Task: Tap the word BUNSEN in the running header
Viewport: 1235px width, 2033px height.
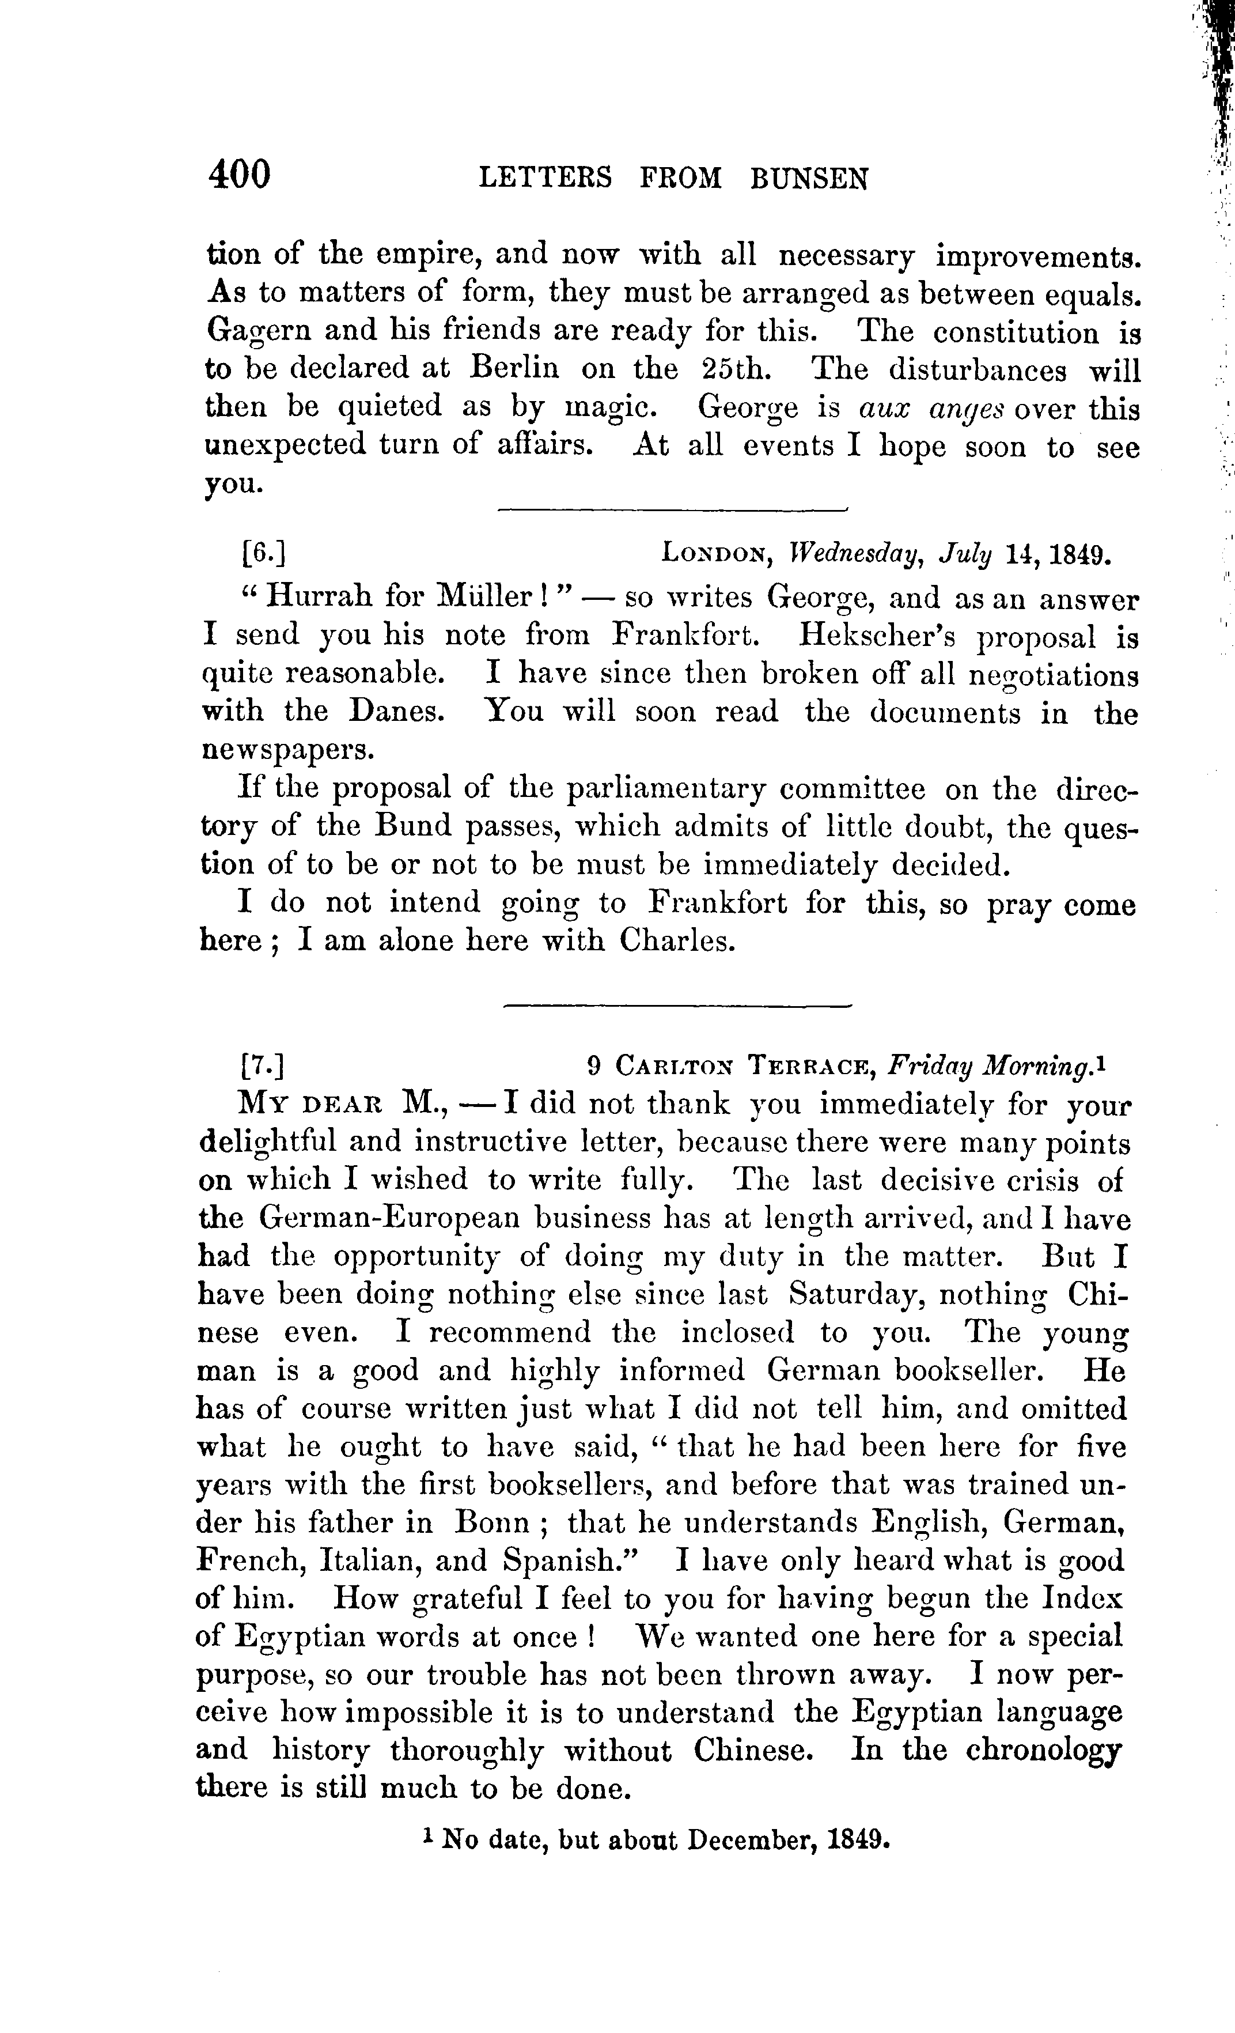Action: pos(809,178)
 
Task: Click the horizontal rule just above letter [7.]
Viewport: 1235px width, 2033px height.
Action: pos(676,1006)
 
